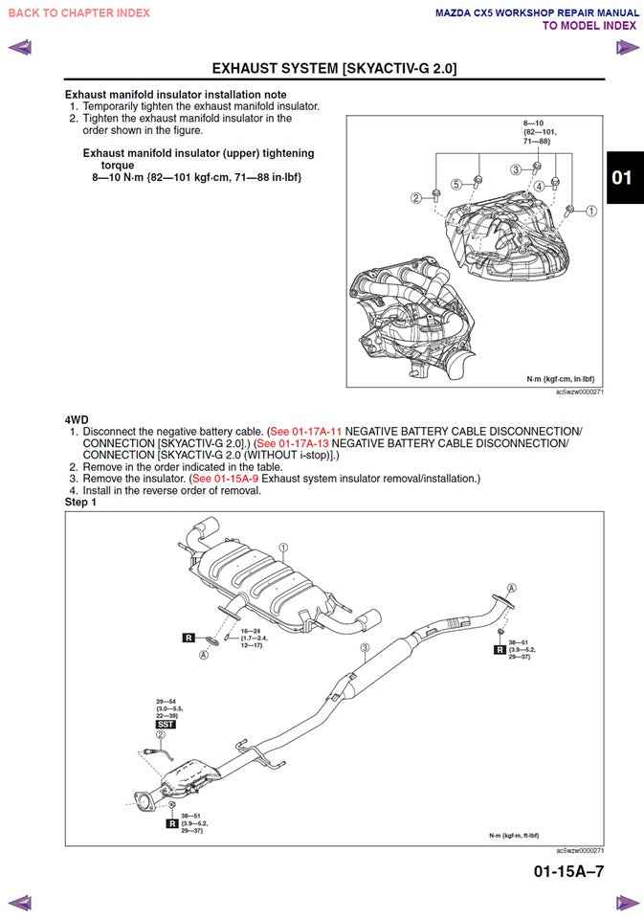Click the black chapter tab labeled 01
pos(622,177)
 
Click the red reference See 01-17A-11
pos(306,432)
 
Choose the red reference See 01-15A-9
pos(225,479)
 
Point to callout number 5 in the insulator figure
pos(456,184)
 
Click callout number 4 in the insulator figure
pos(540,186)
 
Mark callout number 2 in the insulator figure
pos(416,198)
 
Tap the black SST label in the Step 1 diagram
pos(165,725)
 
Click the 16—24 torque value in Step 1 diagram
pos(252,632)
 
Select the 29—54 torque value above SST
pos(167,702)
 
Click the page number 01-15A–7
pos(568,871)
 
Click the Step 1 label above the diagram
pos(80,503)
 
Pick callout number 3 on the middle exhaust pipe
pos(365,648)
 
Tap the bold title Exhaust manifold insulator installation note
pos(175,95)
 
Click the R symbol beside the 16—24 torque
pos(188,638)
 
